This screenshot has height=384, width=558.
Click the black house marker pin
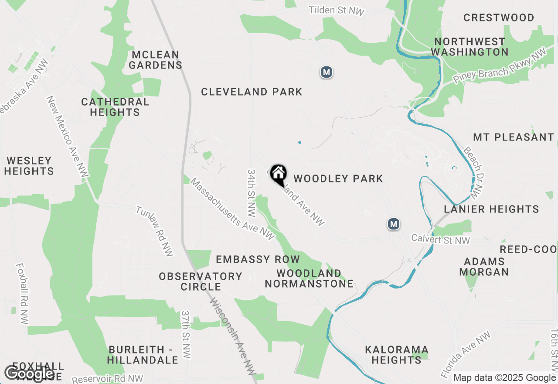(278, 174)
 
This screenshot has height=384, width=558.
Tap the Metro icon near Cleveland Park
(327, 72)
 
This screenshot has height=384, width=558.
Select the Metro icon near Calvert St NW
(394, 224)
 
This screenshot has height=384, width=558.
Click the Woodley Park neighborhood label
(338, 178)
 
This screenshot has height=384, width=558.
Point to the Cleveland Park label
(252, 92)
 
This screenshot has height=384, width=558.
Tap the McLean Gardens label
(155, 60)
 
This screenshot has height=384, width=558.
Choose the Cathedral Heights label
(115, 107)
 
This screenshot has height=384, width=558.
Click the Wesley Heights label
(29, 166)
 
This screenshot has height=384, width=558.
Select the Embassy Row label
(258, 259)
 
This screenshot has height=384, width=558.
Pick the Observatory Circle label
(201, 281)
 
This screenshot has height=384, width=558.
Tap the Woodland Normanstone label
(309, 278)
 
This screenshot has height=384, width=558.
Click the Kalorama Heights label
(397, 355)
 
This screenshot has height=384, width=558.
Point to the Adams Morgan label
(484, 267)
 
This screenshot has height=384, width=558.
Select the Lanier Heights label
(491, 209)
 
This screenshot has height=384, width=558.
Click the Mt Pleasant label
(513, 137)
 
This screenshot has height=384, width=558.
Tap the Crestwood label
(499, 18)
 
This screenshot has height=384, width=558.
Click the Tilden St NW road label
(337, 10)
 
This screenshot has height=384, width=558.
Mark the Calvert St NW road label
(441, 240)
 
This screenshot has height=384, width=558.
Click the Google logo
(29, 374)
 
